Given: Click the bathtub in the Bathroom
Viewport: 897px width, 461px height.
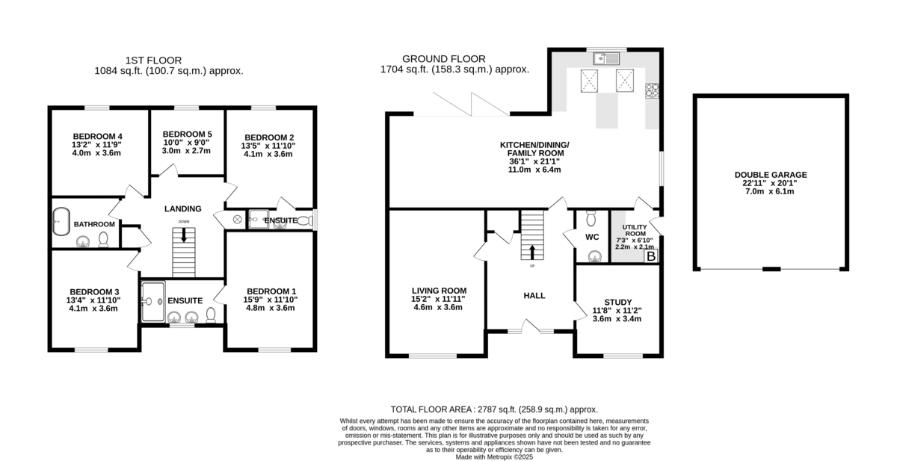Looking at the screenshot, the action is coord(61,221).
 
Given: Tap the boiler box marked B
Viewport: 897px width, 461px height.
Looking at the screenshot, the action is coord(651,256).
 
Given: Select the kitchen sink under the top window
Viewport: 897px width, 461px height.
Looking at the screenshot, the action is coord(606,59).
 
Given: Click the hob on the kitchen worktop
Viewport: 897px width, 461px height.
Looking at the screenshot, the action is coord(652,91).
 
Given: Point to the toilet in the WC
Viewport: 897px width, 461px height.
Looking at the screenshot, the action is coord(591,218).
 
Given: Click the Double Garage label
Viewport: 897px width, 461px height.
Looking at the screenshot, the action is coord(771,175).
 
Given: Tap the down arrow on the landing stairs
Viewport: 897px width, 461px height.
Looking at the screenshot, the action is coord(184,235).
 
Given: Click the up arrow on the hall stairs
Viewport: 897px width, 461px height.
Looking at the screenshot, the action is coord(532,252).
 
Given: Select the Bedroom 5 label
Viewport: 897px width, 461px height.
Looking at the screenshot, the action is coord(188,134).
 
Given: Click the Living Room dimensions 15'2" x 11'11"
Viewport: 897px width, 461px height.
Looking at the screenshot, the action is coord(438,299).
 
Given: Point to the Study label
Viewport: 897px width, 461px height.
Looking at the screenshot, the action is coord(618,302).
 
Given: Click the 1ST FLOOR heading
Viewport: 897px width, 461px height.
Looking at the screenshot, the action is coord(153,61).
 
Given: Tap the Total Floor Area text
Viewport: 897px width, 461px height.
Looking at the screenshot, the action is coord(494,409).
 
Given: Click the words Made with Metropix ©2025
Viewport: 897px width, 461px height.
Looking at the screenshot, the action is coord(494,457).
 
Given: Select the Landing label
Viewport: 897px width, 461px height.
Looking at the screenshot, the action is coord(183,209).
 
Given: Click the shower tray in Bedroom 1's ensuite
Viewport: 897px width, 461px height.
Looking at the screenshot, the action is coord(153,302).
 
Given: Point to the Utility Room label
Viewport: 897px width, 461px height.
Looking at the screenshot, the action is coord(635,230).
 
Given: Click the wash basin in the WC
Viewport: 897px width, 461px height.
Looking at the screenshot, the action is coord(595,256).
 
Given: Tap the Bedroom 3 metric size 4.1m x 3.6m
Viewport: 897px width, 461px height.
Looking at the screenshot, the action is coord(93,309).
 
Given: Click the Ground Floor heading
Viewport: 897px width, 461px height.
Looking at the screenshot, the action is coord(444,59).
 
